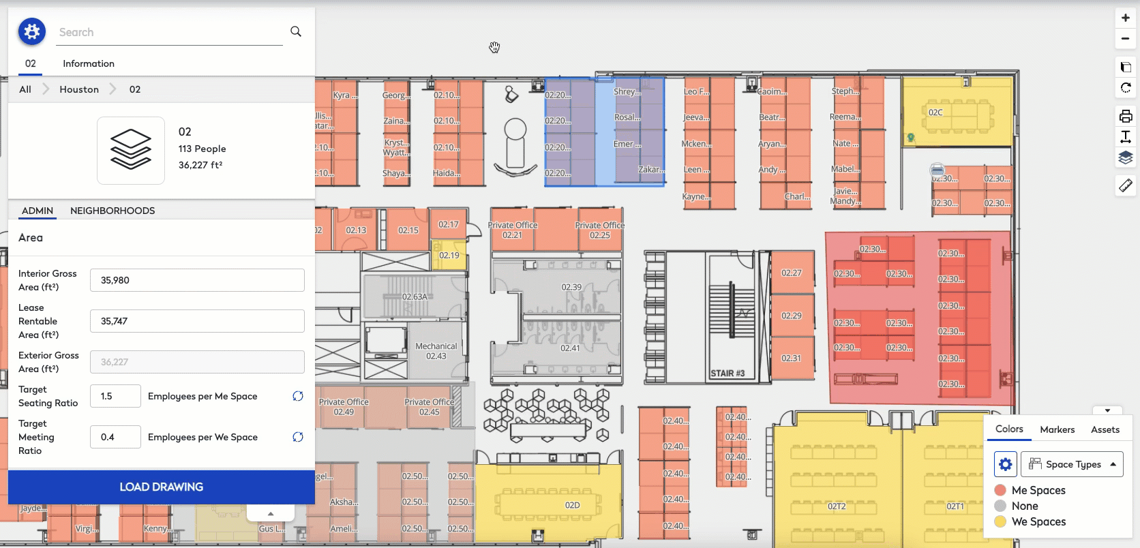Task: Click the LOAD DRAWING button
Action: pos(161,487)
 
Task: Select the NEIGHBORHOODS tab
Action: pos(112,211)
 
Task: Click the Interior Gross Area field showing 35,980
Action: pos(197,280)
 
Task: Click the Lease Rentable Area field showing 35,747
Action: pos(197,321)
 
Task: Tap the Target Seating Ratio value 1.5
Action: pos(115,396)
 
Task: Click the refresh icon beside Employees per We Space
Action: pos(298,437)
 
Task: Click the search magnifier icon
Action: pos(296,31)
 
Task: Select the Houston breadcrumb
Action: pos(79,89)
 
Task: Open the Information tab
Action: pos(89,63)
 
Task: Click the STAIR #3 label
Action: pos(727,374)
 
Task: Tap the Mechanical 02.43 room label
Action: pos(436,351)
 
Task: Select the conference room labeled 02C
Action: pos(935,112)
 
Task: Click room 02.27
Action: pos(792,273)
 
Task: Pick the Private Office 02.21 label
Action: pos(512,230)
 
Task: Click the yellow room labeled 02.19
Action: pos(449,256)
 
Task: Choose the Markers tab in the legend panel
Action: pos(1057,429)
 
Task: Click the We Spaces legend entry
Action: pos(1038,522)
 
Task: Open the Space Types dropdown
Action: pos(1072,464)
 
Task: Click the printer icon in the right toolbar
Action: pos(1126,116)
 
